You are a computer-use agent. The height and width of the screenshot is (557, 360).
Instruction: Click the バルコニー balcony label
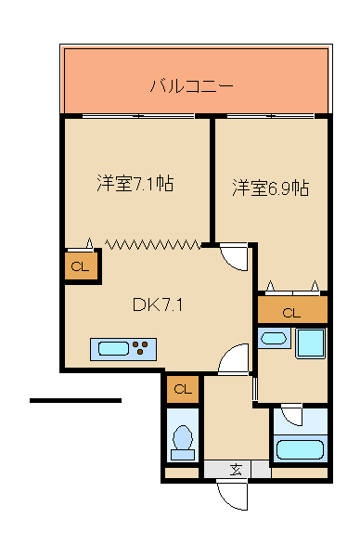(192, 87)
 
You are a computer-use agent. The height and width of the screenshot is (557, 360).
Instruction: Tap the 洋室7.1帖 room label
(135, 183)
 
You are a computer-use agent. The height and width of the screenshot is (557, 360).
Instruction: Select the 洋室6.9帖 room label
(270, 188)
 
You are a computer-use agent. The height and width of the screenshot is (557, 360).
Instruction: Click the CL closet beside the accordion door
(80, 267)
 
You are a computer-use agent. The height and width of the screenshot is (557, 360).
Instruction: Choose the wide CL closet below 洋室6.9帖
(291, 312)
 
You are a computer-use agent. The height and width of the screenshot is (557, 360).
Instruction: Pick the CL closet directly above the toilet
(183, 389)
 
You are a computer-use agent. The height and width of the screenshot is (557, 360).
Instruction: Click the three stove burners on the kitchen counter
(144, 349)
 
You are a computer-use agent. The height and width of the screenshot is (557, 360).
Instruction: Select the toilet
(183, 441)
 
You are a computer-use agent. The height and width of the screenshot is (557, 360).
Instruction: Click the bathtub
(301, 450)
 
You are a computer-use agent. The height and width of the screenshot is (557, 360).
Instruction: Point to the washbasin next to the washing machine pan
(274, 338)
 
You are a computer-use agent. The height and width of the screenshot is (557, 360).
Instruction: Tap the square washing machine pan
(310, 343)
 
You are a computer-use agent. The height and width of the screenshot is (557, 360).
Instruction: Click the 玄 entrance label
(236, 469)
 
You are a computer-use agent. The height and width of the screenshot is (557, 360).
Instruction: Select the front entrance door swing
(233, 495)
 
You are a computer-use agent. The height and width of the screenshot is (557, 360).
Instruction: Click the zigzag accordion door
(153, 244)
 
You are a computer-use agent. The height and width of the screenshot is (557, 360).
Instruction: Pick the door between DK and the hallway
(234, 359)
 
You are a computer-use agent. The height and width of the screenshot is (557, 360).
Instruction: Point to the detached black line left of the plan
(75, 400)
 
